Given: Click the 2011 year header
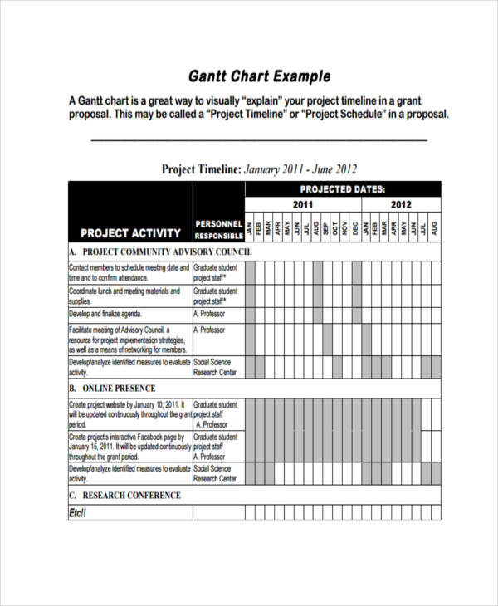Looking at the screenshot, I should click(x=303, y=204).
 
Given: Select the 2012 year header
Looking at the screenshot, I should click(x=401, y=204).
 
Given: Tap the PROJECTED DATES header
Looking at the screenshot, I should click(x=342, y=189).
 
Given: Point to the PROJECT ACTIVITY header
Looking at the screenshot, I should click(x=130, y=233).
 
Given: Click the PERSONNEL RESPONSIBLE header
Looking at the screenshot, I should click(x=218, y=229).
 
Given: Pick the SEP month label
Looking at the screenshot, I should click(x=326, y=227).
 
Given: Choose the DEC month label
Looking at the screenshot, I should click(x=355, y=227).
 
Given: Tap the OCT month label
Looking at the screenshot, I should click(x=336, y=227).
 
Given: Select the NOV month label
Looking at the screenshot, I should click(x=346, y=227).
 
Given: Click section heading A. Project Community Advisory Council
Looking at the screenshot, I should click(x=160, y=252).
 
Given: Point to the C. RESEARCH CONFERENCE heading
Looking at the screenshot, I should click(x=124, y=495).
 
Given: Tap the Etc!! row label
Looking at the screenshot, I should click(x=77, y=513).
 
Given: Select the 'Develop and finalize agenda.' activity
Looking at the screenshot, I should click(x=105, y=315).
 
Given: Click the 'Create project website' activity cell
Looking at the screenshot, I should click(x=129, y=413).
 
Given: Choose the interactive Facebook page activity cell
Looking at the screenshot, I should click(x=129, y=446).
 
